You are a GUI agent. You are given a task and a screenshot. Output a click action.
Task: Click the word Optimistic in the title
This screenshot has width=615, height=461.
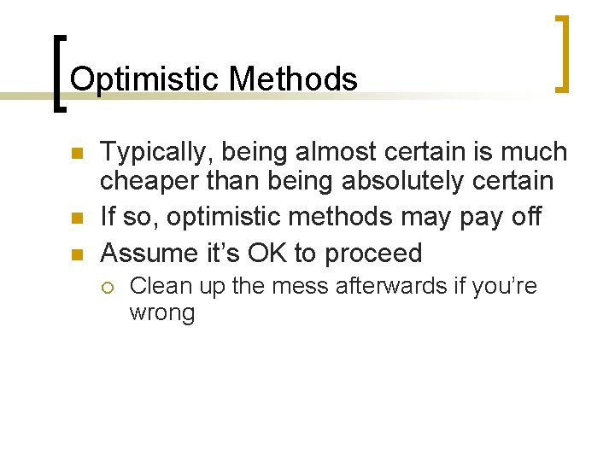click(x=145, y=79)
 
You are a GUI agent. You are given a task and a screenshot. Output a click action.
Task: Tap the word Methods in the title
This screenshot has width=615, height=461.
click(x=293, y=79)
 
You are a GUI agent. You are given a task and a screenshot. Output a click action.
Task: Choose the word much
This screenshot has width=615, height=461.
click(x=537, y=152)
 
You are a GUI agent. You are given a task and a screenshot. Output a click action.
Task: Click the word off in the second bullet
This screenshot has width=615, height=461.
click(x=522, y=217)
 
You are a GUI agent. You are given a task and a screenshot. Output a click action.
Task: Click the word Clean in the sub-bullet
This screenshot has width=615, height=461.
click(x=155, y=286)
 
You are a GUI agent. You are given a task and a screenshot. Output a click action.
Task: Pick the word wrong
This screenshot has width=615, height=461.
click(x=161, y=313)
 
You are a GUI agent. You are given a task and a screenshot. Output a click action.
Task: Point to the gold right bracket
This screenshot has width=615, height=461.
click(x=563, y=53)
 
